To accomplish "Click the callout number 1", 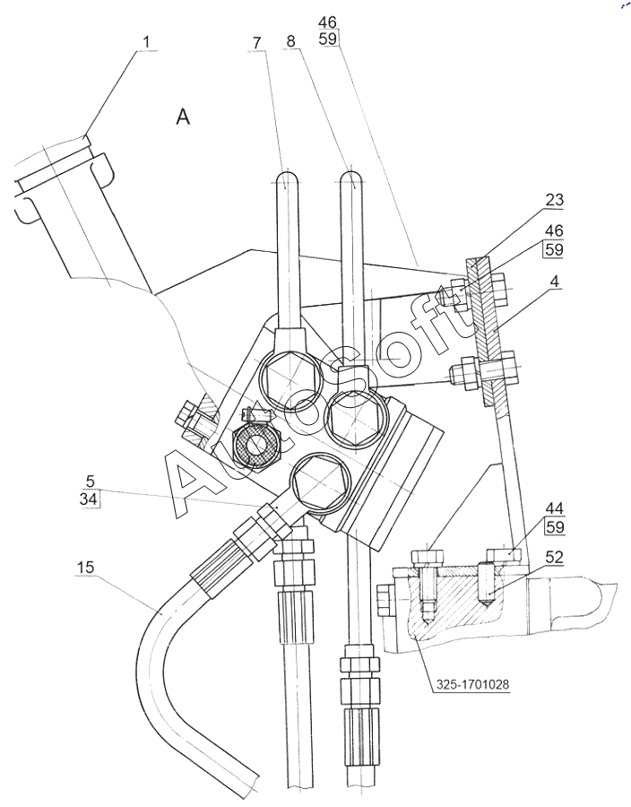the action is click(x=146, y=42).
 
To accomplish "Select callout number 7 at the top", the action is click(x=257, y=42).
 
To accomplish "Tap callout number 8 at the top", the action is click(x=291, y=41).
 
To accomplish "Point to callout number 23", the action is click(x=555, y=200).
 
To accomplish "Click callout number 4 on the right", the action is click(x=555, y=281).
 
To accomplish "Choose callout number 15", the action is click(x=85, y=568).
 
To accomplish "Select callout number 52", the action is click(x=555, y=557).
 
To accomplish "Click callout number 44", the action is click(x=555, y=508).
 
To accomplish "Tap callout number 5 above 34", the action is click(x=91, y=482).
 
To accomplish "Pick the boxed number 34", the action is click(x=90, y=499).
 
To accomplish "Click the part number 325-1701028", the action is click(x=472, y=684).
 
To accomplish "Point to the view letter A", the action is click(x=183, y=117).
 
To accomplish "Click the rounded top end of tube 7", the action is click(x=287, y=177).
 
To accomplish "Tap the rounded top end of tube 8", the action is click(x=352, y=177).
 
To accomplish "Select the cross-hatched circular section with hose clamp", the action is click(x=255, y=445).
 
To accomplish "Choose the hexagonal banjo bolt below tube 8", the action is click(x=354, y=416).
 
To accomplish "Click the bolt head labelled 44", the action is click(x=504, y=555).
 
